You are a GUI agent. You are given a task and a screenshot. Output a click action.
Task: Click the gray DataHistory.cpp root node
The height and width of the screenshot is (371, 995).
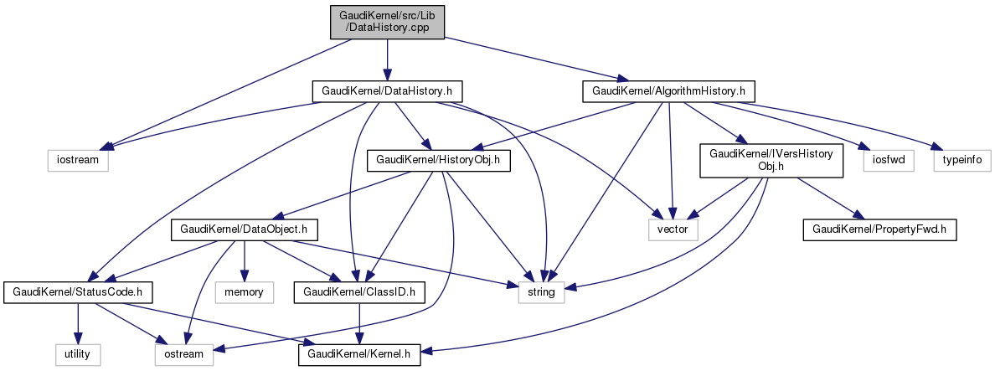[x=387, y=22]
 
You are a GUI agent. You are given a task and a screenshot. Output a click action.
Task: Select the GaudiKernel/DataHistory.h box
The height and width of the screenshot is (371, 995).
[x=387, y=90]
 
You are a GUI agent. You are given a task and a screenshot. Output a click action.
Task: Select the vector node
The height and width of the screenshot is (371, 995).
[x=673, y=227]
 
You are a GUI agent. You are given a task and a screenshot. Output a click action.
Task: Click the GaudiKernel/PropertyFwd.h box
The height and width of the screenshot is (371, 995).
[x=879, y=227]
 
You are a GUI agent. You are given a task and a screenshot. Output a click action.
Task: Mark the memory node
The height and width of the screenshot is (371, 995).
[x=244, y=292]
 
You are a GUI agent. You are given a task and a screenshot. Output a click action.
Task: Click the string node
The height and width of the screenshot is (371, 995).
[x=541, y=292]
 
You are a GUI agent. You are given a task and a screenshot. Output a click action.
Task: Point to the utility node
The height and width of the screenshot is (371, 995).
[x=78, y=355]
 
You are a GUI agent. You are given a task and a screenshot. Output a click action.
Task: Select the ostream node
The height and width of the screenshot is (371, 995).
[x=183, y=355]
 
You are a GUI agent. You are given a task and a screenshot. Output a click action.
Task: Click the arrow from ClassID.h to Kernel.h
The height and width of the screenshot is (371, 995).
[x=358, y=323]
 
